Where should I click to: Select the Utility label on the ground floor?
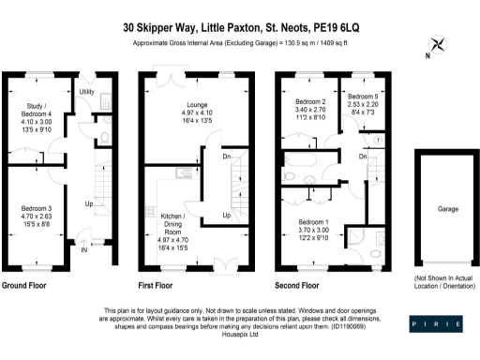(86, 92)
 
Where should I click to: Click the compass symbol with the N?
(437, 45)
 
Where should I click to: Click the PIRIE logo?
(437, 323)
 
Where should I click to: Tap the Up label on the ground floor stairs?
(89, 202)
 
